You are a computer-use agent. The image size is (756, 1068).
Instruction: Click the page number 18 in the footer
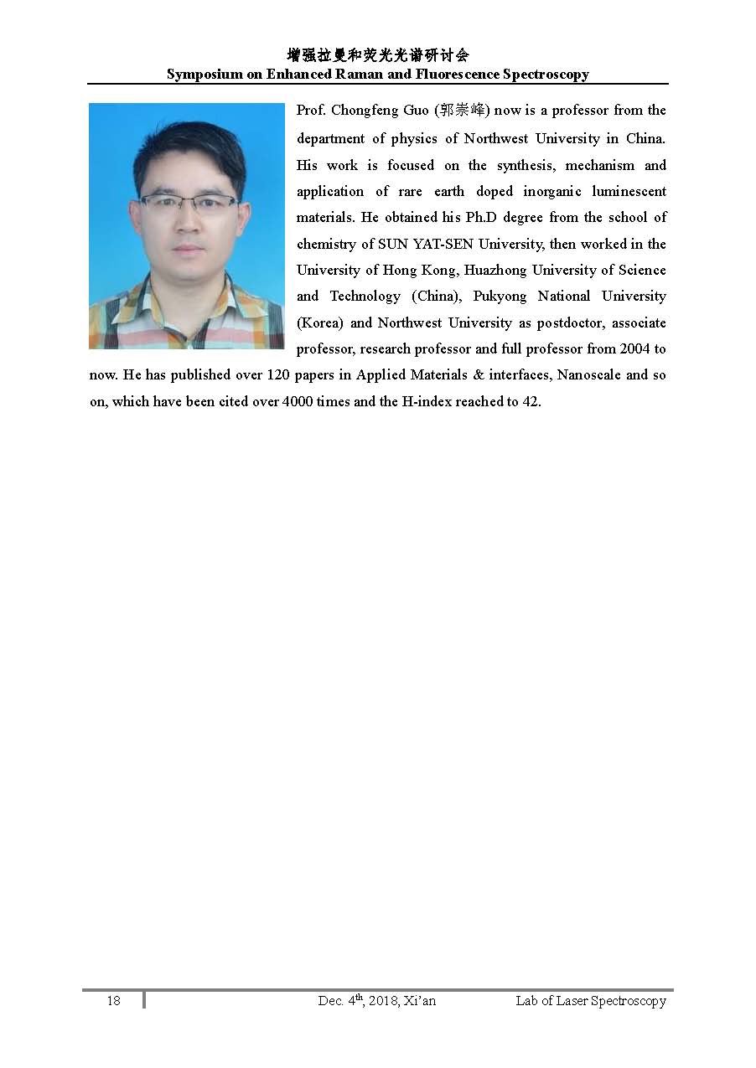(113, 1001)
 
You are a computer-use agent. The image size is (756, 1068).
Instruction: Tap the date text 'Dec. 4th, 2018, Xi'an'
(377, 1000)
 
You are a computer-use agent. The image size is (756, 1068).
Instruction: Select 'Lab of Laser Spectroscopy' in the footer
(591, 1001)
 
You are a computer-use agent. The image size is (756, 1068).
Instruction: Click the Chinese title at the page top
(377, 55)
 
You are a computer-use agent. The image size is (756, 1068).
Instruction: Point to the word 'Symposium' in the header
(202, 75)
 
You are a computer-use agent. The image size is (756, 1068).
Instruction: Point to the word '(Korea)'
(320, 322)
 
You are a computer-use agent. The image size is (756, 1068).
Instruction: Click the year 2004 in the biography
(634, 348)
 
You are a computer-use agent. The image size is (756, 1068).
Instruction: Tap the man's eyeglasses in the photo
(188, 203)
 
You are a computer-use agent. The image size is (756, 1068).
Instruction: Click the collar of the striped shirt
(147, 297)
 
